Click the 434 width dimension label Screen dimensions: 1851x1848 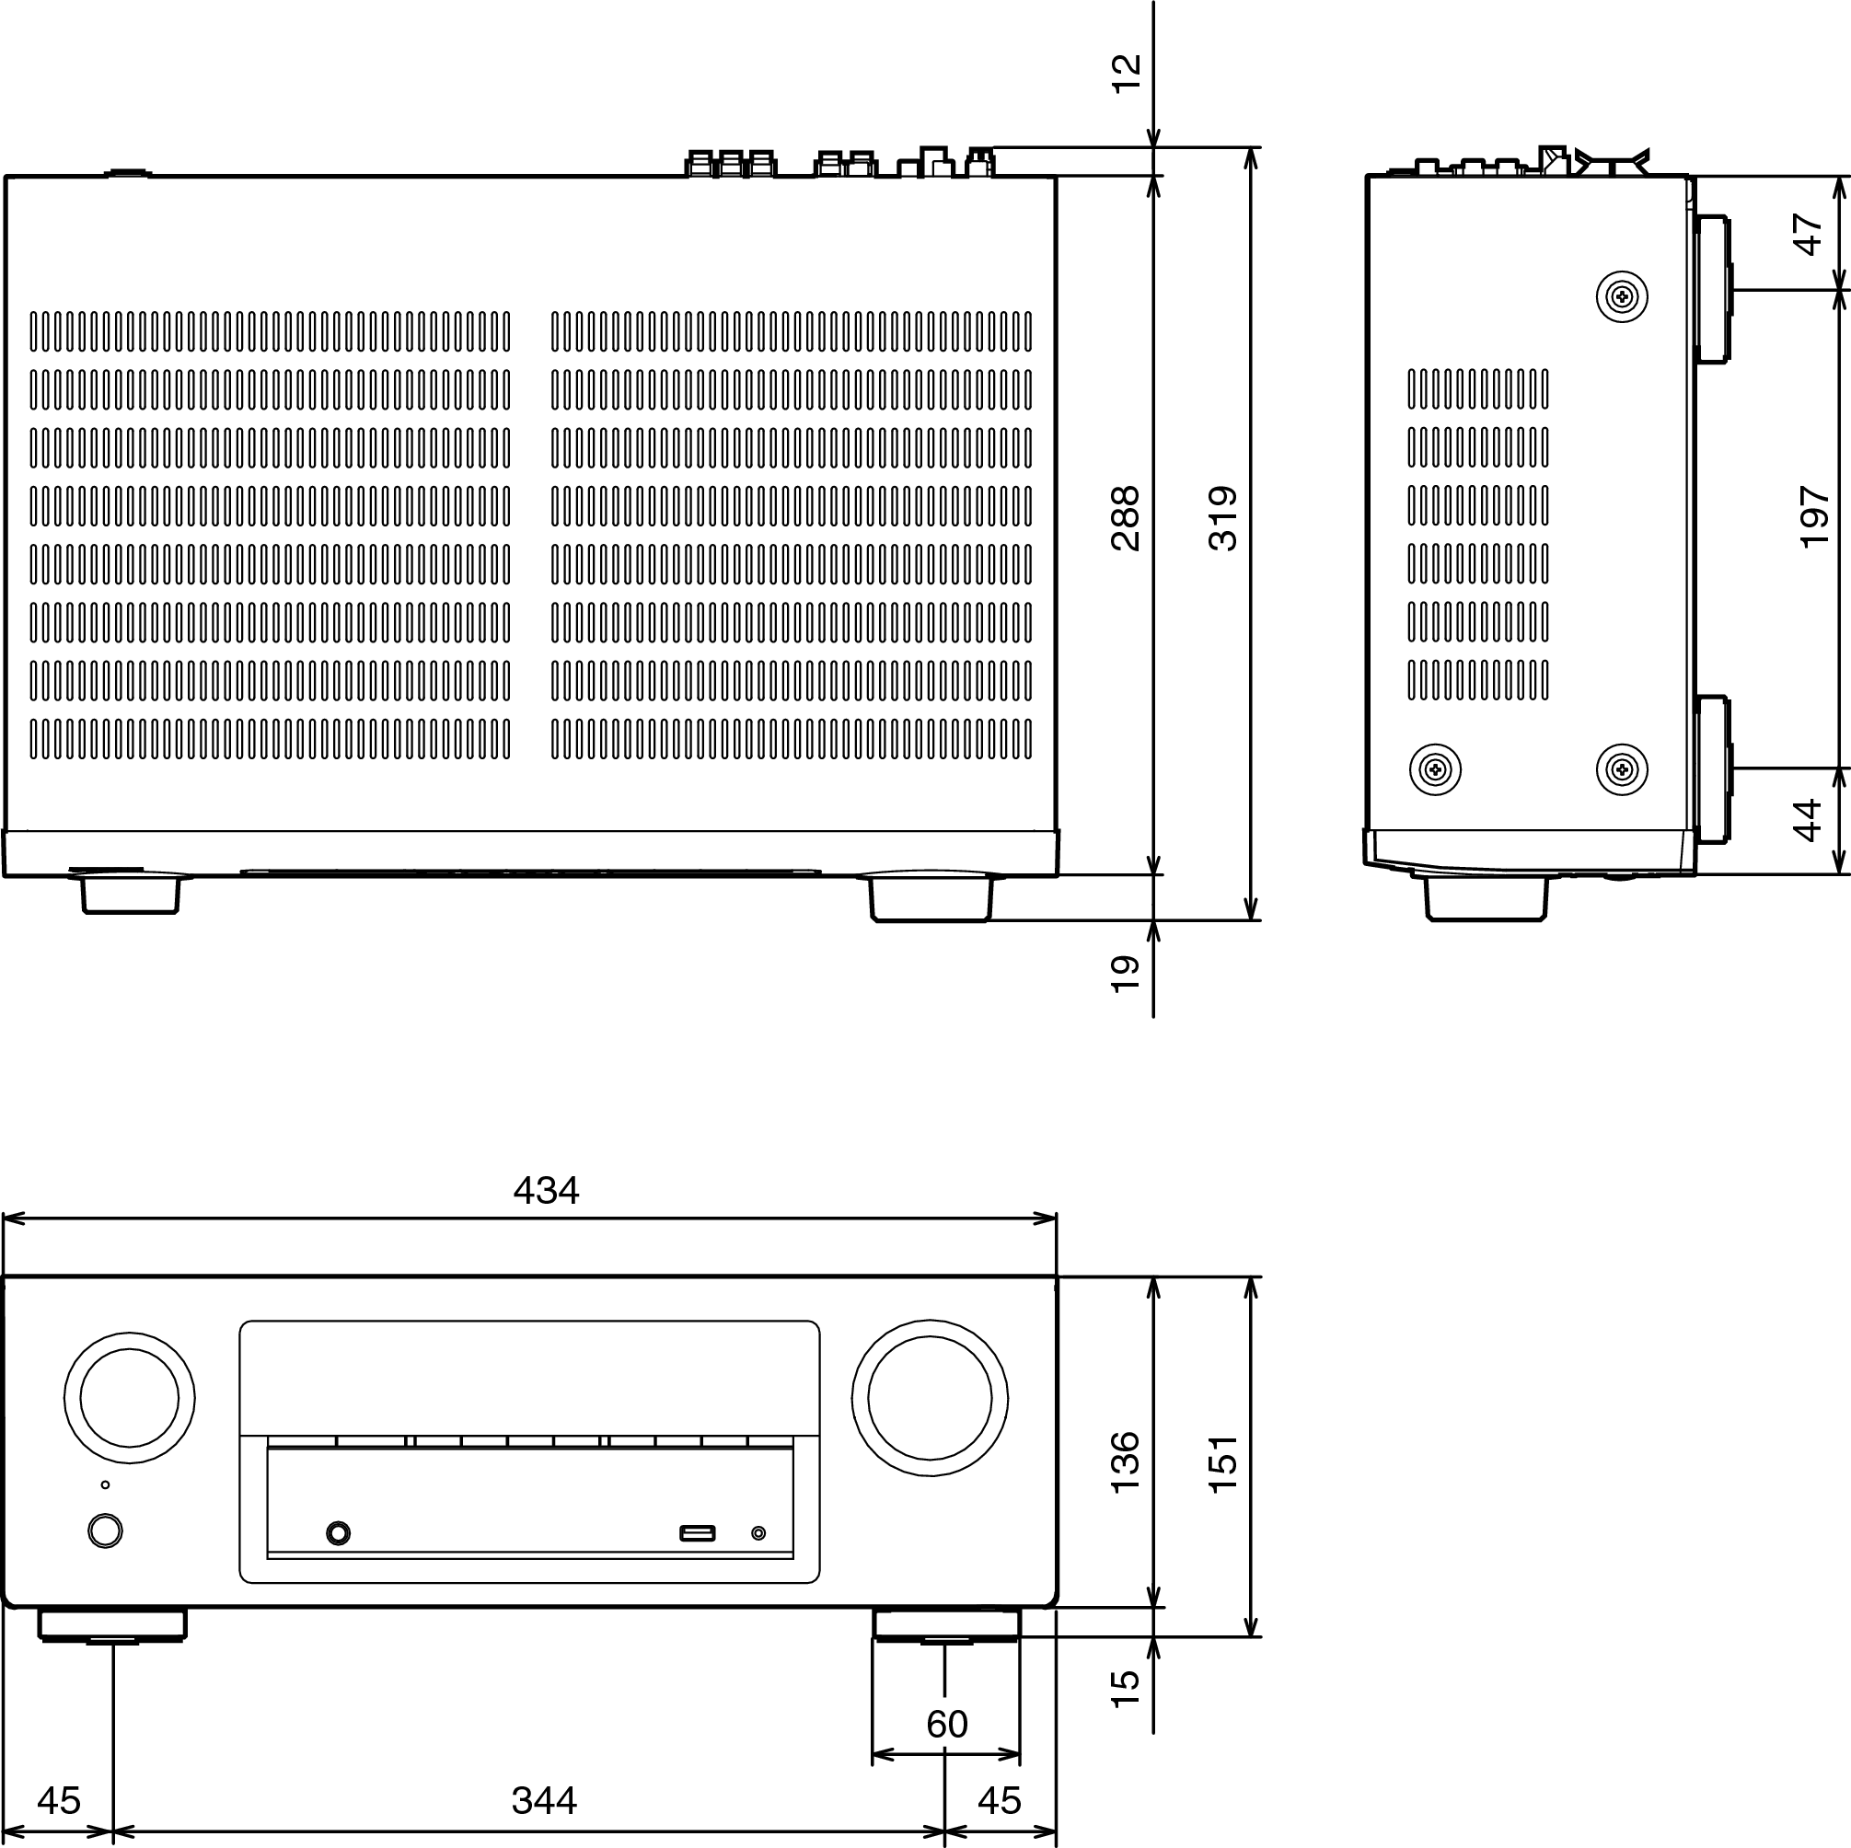point(546,1191)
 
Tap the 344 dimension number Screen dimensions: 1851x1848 point(544,1801)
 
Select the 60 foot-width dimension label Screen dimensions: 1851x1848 point(946,1725)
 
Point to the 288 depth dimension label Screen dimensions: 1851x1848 point(1126,518)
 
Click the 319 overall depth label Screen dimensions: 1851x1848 point(1223,518)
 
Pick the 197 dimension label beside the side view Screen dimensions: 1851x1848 point(1814,517)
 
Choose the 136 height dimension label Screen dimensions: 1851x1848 point(1126,1461)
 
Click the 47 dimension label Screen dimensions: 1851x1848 point(1808,234)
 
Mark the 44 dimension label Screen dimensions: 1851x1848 point(1808,821)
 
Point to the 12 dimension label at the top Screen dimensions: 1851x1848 point(1127,73)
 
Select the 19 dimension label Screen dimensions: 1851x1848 point(1126,974)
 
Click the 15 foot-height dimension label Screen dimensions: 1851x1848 point(1126,1688)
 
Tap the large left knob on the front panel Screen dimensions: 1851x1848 point(130,1398)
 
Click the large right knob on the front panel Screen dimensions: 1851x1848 point(930,1398)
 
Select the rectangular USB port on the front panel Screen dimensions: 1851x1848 point(697,1534)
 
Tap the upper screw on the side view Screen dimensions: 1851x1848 point(1621,297)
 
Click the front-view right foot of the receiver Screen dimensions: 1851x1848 point(945,1625)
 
